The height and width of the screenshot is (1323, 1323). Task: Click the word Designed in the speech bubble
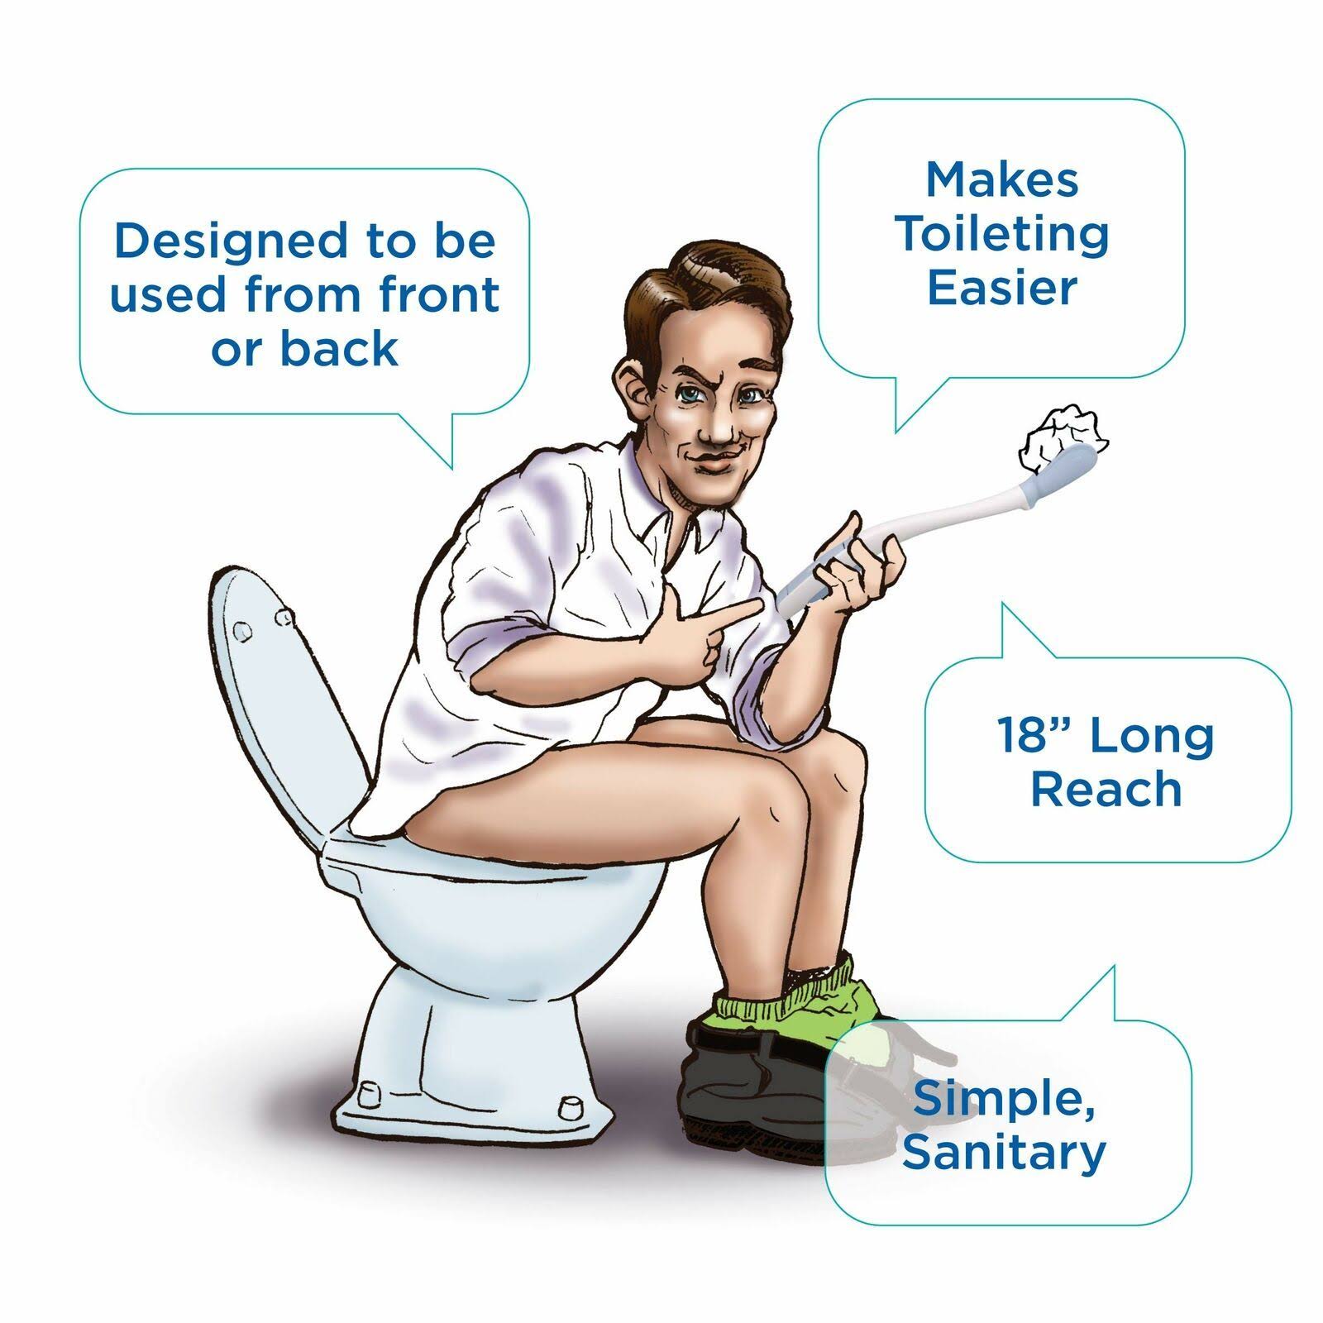click(x=231, y=241)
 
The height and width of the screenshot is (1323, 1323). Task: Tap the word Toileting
click(x=1003, y=234)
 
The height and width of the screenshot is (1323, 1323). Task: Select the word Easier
click(x=1002, y=289)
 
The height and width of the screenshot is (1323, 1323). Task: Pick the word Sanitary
click(x=1004, y=1153)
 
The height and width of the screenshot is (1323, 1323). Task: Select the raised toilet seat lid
click(x=281, y=703)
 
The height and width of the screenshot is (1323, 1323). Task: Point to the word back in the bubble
click(x=339, y=348)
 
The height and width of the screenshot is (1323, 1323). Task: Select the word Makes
click(x=1002, y=179)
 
